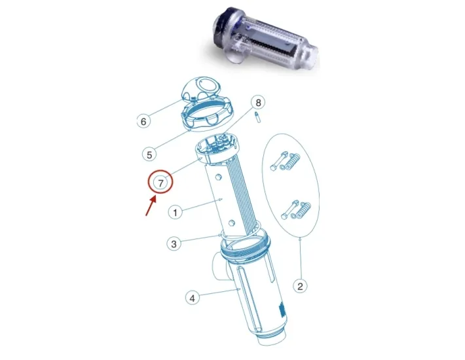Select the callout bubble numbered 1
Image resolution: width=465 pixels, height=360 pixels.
(x=174, y=212)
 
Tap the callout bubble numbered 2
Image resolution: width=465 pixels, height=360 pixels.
(x=300, y=285)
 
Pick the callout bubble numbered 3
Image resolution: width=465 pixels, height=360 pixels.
(x=174, y=244)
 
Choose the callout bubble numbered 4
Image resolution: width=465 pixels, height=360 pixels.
(x=192, y=298)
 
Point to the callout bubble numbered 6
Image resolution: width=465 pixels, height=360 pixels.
(x=143, y=121)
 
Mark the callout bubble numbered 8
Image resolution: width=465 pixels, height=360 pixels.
(x=259, y=103)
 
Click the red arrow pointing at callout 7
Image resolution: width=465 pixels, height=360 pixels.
(x=150, y=206)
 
